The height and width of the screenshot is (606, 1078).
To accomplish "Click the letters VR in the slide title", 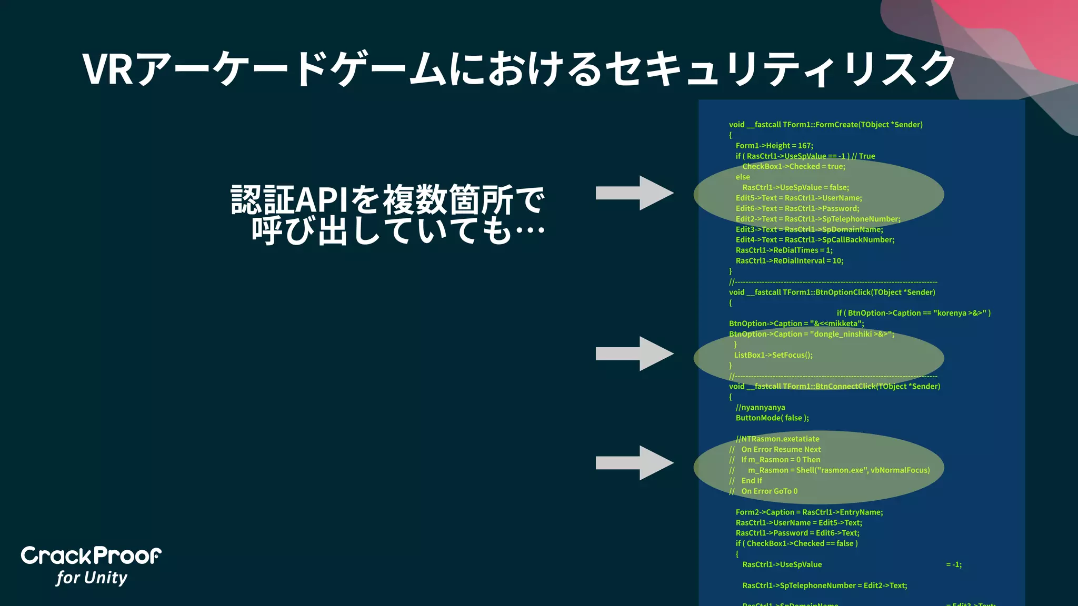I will (x=107, y=69).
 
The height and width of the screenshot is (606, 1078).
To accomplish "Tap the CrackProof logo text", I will (x=91, y=556).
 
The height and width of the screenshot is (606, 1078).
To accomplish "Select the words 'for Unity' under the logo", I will (x=92, y=578).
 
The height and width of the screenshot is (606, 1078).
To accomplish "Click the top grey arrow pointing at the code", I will (x=634, y=193).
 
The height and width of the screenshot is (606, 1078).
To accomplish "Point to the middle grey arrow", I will (x=634, y=353).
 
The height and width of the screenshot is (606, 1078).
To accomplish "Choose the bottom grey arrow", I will (x=634, y=463).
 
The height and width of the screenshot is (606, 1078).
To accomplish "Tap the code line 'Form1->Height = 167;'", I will (x=774, y=146).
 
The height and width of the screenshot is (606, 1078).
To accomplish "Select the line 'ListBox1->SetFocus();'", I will (x=773, y=355).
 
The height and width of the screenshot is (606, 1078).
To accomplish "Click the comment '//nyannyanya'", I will (x=760, y=407).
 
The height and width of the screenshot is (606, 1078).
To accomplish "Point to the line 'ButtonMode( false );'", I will (x=772, y=418).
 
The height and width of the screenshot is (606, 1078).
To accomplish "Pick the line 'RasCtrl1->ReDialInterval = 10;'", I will (x=789, y=261).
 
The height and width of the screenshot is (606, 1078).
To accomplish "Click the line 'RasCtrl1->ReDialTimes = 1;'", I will (x=784, y=250).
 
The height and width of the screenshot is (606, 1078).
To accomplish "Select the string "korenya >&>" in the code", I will (x=958, y=313).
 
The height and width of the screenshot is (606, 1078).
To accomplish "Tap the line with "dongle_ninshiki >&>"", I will (x=811, y=334).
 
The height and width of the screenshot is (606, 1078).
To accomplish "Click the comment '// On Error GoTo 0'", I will (x=763, y=491).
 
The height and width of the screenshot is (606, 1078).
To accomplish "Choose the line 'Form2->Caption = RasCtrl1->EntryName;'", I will (x=809, y=512).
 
